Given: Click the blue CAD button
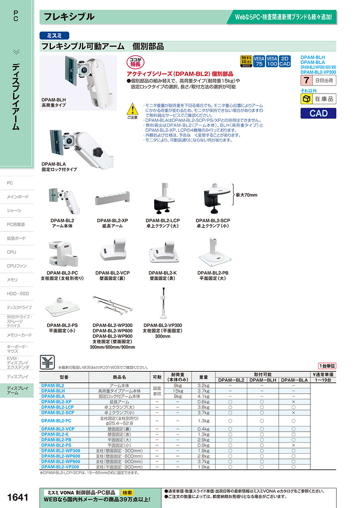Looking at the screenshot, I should (x=318, y=113).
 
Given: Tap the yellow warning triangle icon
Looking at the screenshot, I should (x=132, y=108).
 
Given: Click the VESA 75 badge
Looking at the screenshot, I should (x=259, y=61).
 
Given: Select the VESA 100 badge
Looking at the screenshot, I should (x=272, y=61).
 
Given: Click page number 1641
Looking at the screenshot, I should (x=18, y=497).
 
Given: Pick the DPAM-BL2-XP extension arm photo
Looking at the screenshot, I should (x=112, y=199).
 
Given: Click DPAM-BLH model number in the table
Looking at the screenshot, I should (x=53, y=391).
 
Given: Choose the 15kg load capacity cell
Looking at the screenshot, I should (x=178, y=391).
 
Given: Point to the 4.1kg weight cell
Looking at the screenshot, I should (x=203, y=396).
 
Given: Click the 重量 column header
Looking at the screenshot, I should (x=203, y=377).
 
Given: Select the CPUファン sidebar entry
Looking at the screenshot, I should (x=17, y=266).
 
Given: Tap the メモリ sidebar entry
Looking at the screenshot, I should (x=12, y=280).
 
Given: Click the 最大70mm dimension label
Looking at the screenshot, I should (x=246, y=195).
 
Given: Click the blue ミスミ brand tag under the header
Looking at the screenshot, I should (x=54, y=35).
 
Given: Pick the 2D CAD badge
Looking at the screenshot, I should (x=284, y=61).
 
